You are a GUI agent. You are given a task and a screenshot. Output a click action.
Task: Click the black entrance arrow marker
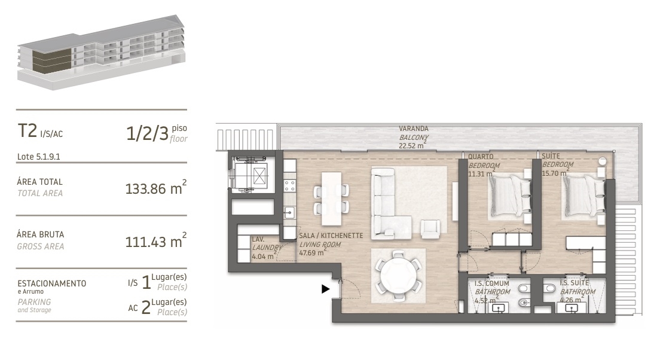click(325, 289)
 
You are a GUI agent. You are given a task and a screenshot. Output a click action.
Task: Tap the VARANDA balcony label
click(414, 129)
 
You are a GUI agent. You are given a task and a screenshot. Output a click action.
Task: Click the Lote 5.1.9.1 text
click(40, 157)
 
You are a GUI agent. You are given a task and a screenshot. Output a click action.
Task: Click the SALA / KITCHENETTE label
click(331, 236)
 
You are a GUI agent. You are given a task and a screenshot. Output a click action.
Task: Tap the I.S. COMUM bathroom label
click(492, 283)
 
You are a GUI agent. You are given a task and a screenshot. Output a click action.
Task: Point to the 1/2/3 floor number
click(148, 133)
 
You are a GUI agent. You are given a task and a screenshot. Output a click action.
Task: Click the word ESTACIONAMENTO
click(52, 283)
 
